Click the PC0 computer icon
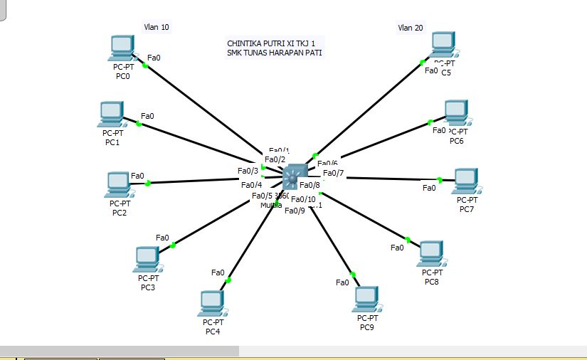tap(122, 48)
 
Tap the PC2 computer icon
tap(118, 184)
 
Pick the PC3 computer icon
tap(147, 259)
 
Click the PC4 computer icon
tap(212, 302)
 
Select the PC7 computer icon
tap(466, 181)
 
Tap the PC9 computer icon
tap(366, 300)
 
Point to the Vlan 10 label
tap(157, 27)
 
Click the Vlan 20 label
tap(410, 28)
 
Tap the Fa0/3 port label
tap(248, 171)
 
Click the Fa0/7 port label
tap(333, 173)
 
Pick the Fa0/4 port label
tap(252, 185)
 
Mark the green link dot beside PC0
tap(145, 65)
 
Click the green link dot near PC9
tap(351, 274)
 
